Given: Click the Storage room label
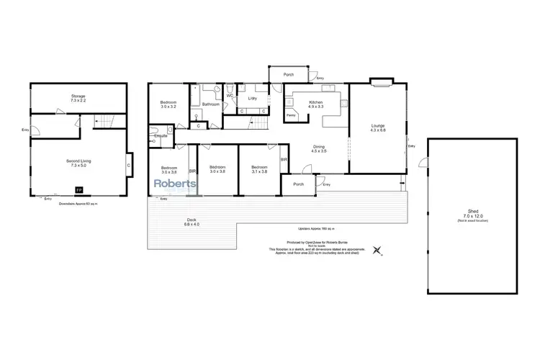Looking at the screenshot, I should pyautogui.click(x=78, y=95).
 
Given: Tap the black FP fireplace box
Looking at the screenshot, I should pyautogui.click(x=78, y=190).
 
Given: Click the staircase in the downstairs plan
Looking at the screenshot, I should pyautogui.click(x=107, y=122).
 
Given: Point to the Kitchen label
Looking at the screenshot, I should pyautogui.click(x=316, y=103).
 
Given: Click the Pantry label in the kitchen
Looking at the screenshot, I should pyautogui.click(x=291, y=114).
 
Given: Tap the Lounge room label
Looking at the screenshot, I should pyautogui.click(x=378, y=127).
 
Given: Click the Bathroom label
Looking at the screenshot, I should pyautogui.click(x=210, y=104).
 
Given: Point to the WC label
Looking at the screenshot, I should pyautogui.click(x=229, y=95).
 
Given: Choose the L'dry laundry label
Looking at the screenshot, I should pyautogui.click(x=252, y=98).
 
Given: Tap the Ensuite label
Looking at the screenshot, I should pyautogui.click(x=161, y=135).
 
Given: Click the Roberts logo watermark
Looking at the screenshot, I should pyautogui.click(x=176, y=185).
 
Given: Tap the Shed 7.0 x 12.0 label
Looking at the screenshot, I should pyautogui.click(x=472, y=215).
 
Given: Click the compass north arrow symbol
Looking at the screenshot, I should pyautogui.click(x=379, y=251).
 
